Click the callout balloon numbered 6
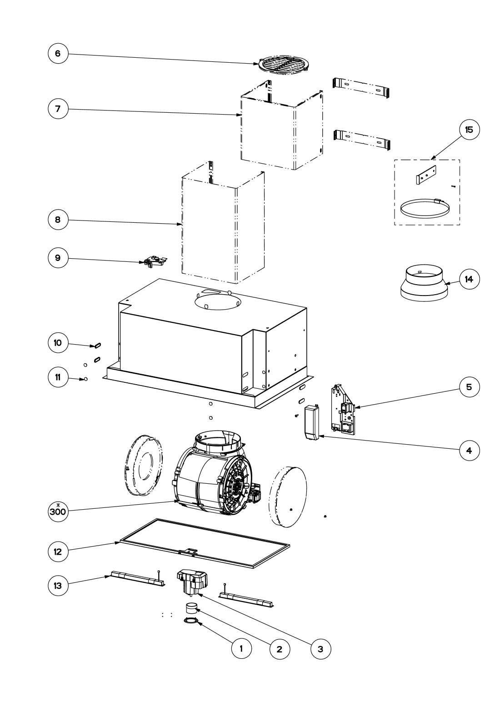(58, 53)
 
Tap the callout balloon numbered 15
(469, 130)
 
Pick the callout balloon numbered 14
(469, 279)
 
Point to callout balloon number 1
(241, 649)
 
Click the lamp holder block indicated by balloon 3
(192, 582)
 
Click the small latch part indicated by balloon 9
(155, 261)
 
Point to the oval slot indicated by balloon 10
(97, 346)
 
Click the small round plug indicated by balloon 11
(86, 379)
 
